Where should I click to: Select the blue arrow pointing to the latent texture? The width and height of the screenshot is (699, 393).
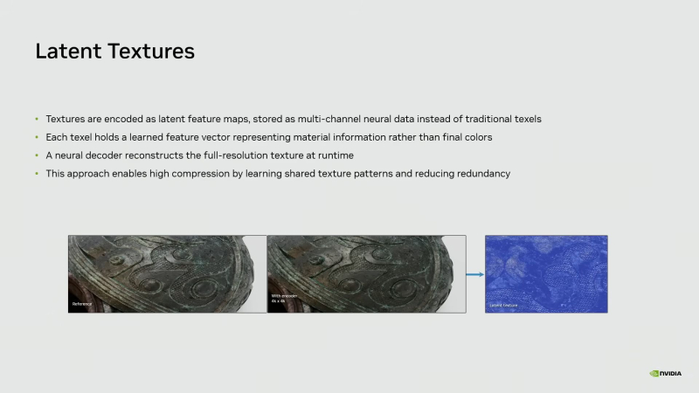(474, 274)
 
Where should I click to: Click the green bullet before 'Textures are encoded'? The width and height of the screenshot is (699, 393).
(37, 119)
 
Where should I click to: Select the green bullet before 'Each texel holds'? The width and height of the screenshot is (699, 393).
(37, 137)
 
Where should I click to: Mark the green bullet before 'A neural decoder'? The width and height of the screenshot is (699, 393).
(37, 155)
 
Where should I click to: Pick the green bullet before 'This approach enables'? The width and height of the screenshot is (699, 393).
(37, 174)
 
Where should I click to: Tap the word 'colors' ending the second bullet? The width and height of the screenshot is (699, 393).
(477, 137)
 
